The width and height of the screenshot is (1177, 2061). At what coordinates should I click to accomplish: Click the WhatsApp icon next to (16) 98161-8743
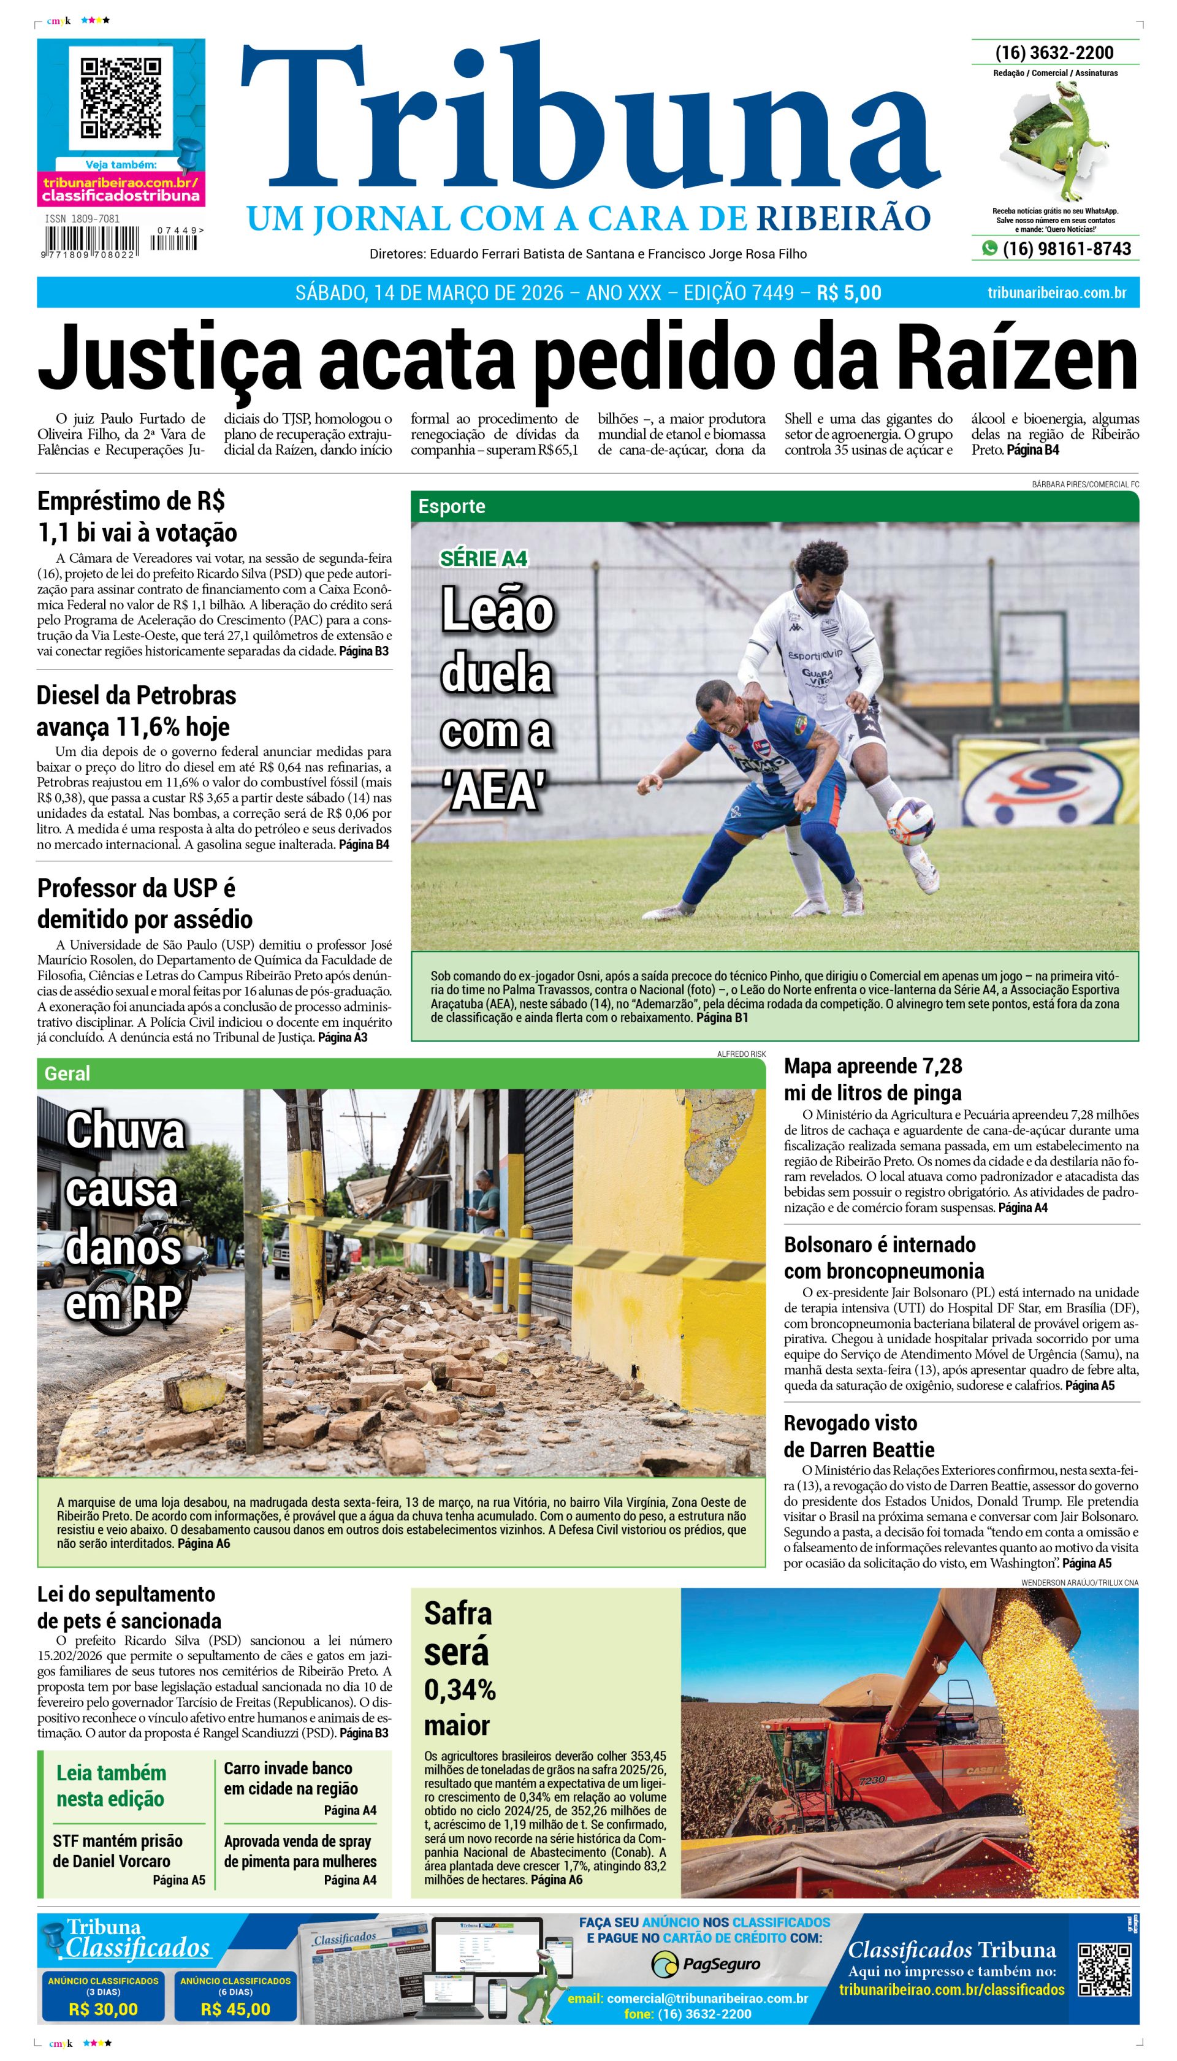tap(989, 249)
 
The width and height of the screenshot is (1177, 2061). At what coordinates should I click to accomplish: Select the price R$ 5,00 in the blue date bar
tap(849, 292)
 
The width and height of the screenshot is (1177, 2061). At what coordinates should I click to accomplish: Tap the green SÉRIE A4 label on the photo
tap(484, 558)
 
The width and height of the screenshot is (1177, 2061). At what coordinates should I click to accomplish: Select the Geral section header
tap(68, 1074)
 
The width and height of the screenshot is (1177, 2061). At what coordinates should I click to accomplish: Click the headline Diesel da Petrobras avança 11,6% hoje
tap(137, 710)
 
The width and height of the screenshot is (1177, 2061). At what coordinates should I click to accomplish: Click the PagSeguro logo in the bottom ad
tap(706, 1963)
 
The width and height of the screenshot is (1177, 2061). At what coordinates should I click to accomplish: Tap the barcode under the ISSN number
tap(91, 241)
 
